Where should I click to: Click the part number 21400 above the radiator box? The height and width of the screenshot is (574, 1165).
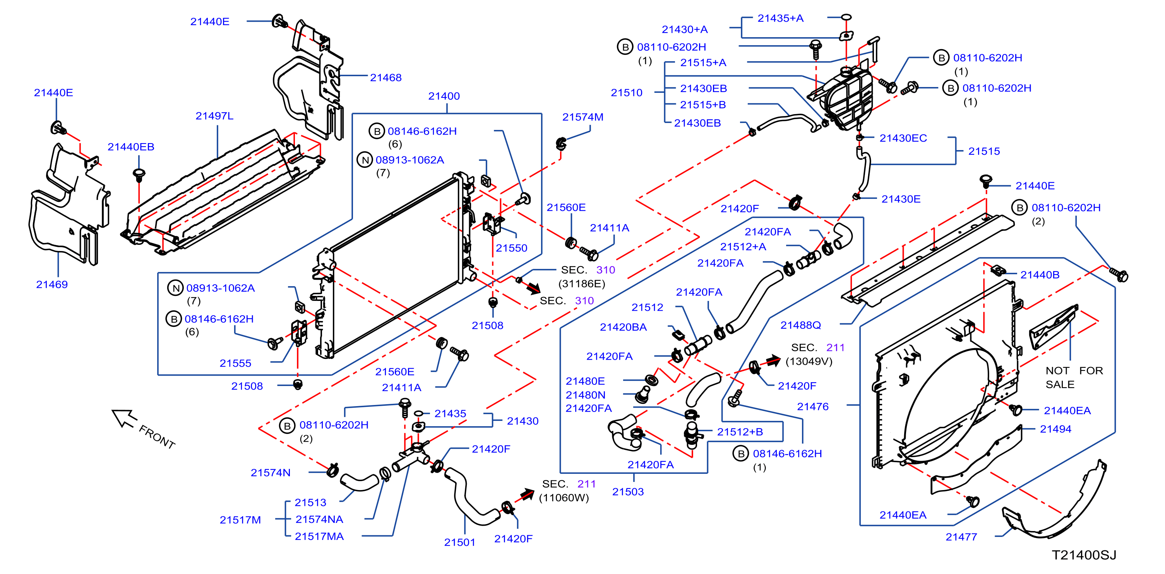444,96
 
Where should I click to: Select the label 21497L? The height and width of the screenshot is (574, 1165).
214,116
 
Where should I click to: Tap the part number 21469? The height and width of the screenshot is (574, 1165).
52,285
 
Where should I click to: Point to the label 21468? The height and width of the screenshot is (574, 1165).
386,78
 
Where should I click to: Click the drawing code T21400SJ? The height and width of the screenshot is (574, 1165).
1084,555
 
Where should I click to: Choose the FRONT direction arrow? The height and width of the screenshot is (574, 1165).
124,418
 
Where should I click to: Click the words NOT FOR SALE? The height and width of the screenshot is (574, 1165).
1074,378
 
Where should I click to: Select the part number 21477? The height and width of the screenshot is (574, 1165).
961,537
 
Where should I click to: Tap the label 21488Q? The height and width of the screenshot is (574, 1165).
800,325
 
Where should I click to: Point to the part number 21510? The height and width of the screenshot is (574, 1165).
626,93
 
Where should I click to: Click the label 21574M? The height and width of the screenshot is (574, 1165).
582,117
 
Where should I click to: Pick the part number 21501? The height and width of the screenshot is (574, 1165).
459,542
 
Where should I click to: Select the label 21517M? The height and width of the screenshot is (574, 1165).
240,520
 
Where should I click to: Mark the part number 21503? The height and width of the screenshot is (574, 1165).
628,492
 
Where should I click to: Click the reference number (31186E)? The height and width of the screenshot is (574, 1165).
582,284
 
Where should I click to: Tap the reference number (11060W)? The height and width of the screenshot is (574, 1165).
564,498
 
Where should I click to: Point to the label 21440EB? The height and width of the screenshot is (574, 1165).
131,147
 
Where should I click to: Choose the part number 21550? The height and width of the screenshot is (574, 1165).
512,248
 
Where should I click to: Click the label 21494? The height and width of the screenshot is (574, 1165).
1055,429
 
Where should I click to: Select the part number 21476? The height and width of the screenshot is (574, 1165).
813,407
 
